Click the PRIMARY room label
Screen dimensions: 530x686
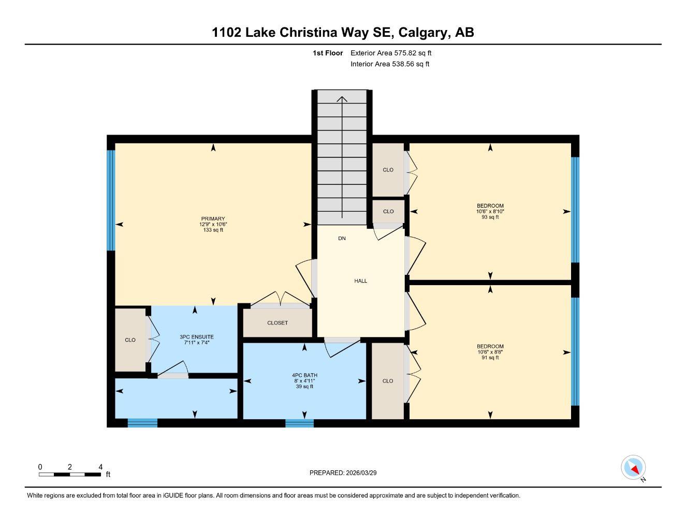click(x=213, y=219)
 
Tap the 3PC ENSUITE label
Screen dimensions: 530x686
click(x=196, y=337)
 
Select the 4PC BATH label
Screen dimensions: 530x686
click(x=304, y=375)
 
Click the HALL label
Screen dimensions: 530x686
click(x=361, y=281)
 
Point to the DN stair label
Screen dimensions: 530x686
click(x=342, y=239)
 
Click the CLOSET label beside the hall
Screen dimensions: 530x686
click(x=278, y=323)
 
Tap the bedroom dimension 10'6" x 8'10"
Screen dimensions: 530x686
click(x=490, y=212)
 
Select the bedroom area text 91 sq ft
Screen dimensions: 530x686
click(x=490, y=358)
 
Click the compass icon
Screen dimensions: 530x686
click(x=633, y=468)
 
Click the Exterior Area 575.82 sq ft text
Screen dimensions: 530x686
click(x=391, y=53)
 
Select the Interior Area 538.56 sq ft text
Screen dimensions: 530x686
click(x=390, y=64)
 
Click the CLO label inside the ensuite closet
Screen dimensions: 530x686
click(x=130, y=340)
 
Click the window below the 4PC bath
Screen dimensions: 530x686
click(x=299, y=423)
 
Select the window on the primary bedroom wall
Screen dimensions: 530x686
click(x=110, y=200)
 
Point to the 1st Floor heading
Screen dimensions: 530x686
click(x=328, y=53)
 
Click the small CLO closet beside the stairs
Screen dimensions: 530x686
click(x=388, y=211)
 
